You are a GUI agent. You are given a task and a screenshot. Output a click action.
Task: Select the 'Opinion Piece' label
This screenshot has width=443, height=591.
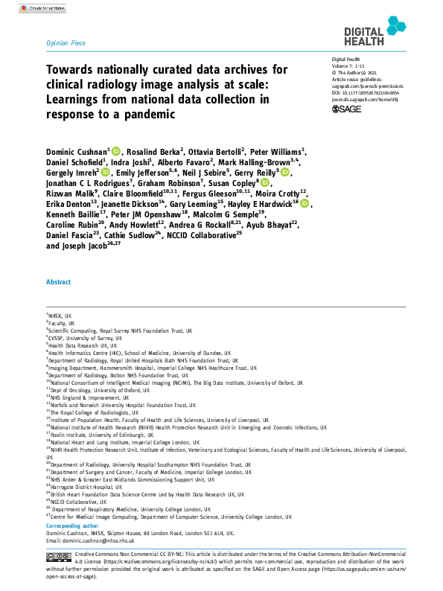click(x=66, y=44)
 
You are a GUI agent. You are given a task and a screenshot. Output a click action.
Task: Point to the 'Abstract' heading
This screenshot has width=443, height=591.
click(x=59, y=282)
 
